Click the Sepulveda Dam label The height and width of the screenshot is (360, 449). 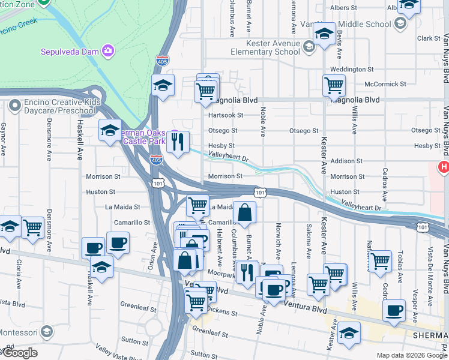click(69, 52)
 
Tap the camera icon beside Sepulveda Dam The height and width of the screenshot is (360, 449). click(107, 50)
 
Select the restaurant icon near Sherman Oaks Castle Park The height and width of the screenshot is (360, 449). click(178, 142)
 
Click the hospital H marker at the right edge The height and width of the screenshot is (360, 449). click(444, 167)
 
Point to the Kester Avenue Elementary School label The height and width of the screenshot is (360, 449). click(273, 47)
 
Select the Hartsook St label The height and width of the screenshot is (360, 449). click(225, 115)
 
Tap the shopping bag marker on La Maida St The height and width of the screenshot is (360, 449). click(245, 212)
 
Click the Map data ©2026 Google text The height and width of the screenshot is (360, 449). click(411, 355)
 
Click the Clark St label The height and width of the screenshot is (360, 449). click(429, 38)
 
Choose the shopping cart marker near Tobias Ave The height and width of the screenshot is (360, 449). click(380, 261)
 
